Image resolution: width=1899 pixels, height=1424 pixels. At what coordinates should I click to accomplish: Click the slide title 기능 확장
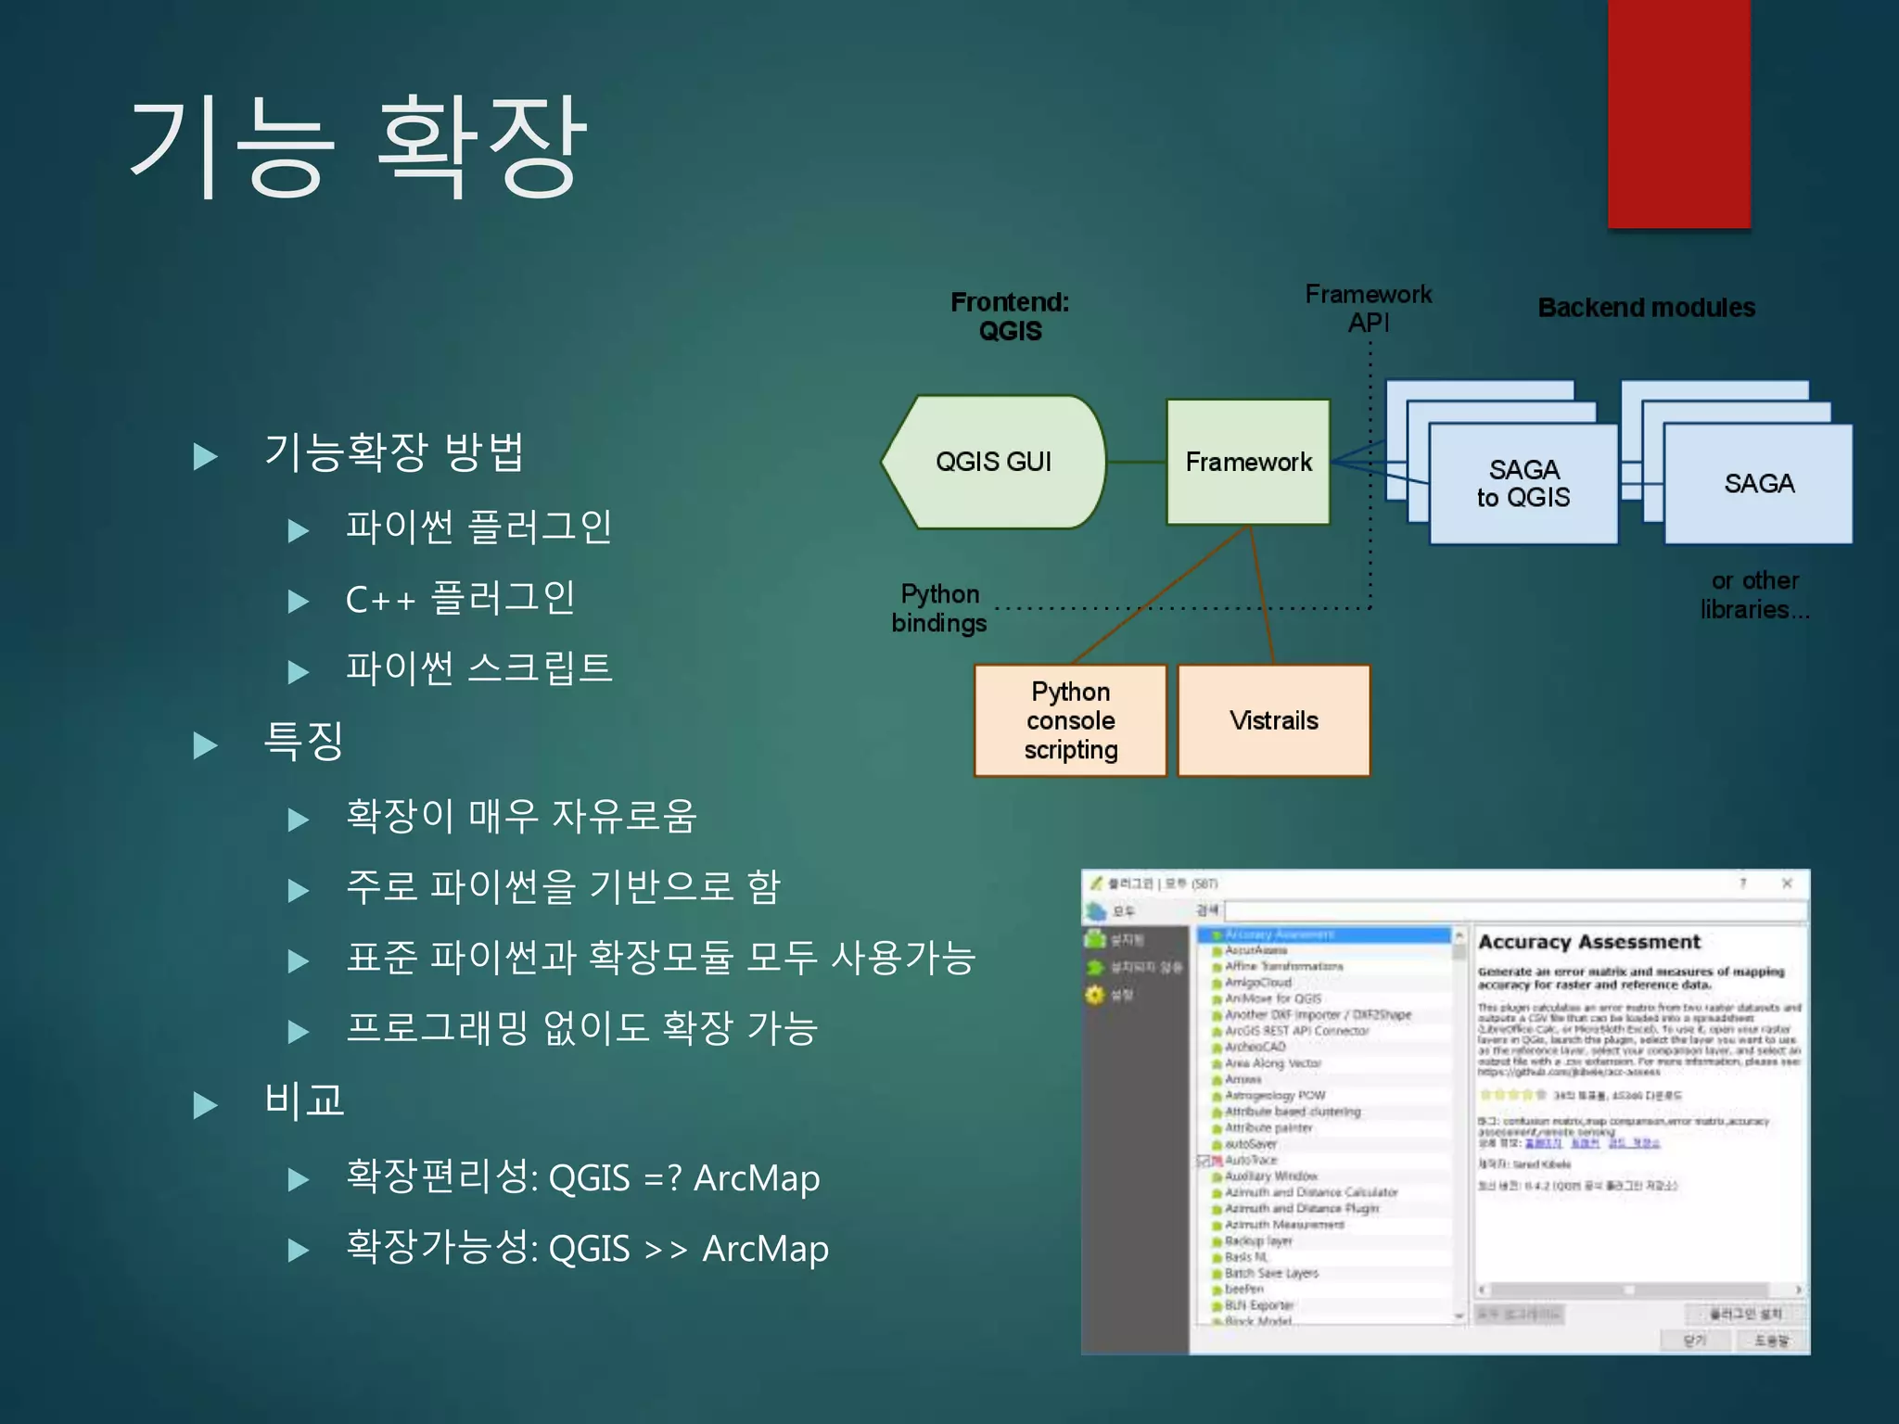point(358,146)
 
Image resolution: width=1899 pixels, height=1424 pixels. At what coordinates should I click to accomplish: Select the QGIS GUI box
point(993,462)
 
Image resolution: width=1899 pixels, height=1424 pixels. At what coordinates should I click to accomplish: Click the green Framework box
point(1248,462)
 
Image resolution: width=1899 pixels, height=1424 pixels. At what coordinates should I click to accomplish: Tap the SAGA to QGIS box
point(1523,484)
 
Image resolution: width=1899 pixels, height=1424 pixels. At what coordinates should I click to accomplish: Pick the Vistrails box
point(1273,720)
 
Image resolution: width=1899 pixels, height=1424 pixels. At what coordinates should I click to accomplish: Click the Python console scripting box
point(1070,720)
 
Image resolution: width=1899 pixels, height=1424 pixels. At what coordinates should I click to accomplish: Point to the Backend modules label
point(1646,308)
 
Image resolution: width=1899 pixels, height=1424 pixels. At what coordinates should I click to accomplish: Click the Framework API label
point(1368,308)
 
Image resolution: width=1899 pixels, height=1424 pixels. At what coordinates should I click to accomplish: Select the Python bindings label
point(938,608)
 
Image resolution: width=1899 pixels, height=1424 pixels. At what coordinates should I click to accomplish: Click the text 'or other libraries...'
point(1754,595)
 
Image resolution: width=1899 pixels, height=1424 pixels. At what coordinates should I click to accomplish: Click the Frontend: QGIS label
point(1010,316)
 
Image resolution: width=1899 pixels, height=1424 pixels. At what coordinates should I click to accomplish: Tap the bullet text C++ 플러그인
point(460,598)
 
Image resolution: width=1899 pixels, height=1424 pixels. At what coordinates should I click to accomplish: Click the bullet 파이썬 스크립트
point(478,668)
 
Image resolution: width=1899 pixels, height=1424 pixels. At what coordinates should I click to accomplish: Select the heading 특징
point(304,742)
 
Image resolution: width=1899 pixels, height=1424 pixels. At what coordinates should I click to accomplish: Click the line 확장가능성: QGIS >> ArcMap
point(587,1248)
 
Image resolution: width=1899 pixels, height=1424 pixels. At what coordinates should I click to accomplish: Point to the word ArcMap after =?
point(757,1178)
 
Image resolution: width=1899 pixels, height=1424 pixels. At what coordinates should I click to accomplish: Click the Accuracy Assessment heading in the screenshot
point(1588,942)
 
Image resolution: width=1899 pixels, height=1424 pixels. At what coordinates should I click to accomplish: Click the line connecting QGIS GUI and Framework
point(1136,462)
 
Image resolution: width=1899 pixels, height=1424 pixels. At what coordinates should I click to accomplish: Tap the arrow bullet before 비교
point(205,1104)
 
